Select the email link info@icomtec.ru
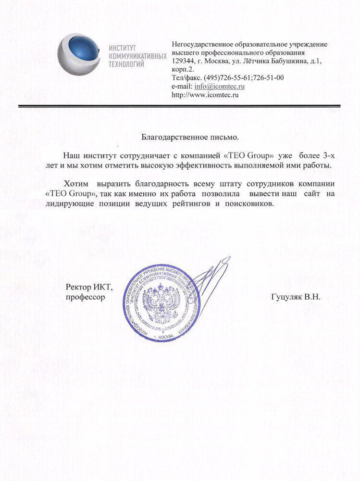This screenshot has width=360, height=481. coord(220,87)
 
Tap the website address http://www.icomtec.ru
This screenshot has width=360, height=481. coord(205,95)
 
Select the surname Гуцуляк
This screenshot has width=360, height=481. coord(286,297)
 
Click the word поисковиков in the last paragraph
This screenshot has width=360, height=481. coord(248,204)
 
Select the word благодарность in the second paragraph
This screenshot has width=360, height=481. coord(161,185)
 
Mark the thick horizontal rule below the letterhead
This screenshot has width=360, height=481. coord(179,105)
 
